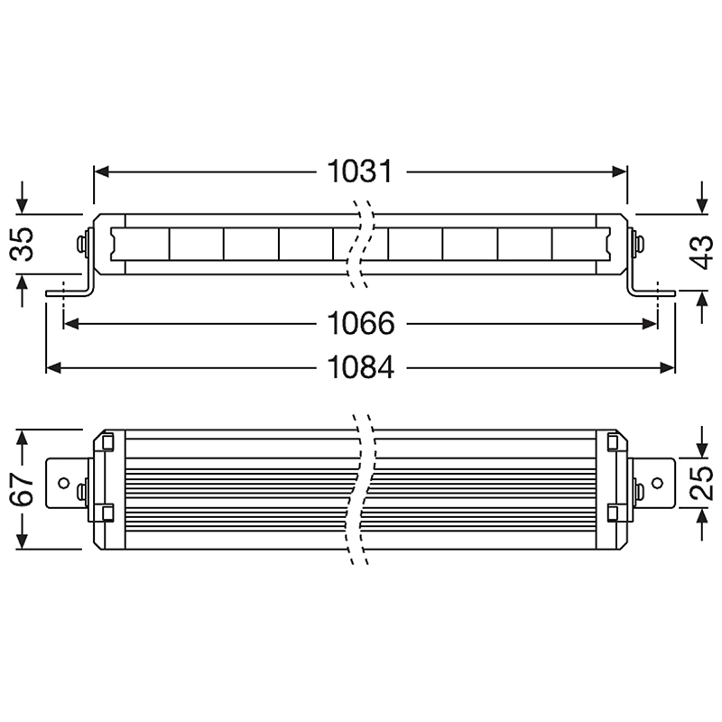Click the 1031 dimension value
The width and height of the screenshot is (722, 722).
pyautogui.click(x=359, y=171)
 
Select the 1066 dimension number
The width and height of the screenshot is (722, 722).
pyautogui.click(x=360, y=324)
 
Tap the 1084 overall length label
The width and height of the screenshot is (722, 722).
pyautogui.click(x=360, y=367)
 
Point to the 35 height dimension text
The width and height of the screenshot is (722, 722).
pyautogui.click(x=22, y=244)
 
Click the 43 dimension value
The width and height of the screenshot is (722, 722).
pyautogui.click(x=701, y=252)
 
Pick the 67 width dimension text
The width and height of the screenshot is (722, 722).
pyautogui.click(x=22, y=489)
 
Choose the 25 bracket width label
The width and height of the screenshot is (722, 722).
pyautogui.click(x=701, y=484)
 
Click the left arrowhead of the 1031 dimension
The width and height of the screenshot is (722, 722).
pyautogui.click(x=101, y=172)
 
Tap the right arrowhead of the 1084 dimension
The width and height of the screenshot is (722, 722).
pyautogui.click(x=667, y=368)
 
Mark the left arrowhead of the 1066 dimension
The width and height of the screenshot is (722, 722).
pyautogui.click(x=71, y=324)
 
